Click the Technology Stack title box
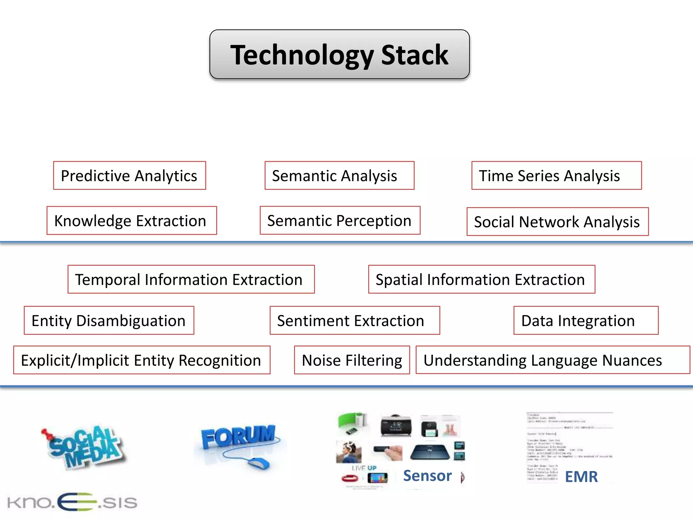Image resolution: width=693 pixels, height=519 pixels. (339, 54)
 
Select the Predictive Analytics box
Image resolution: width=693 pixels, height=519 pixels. (129, 175)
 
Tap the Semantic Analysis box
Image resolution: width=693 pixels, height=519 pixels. (339, 175)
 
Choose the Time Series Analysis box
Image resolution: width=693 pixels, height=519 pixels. (556, 175)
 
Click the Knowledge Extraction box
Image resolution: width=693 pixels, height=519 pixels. (132, 221)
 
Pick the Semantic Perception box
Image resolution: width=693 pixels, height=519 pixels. (340, 220)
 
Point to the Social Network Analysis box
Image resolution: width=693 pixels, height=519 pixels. (557, 222)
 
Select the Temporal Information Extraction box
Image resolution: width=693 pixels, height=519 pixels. (191, 279)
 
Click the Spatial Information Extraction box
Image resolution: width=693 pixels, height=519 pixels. (481, 279)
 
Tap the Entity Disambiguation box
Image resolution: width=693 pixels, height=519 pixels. (109, 320)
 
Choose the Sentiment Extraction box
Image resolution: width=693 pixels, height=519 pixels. (355, 320)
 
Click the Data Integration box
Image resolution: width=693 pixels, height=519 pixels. (585, 320)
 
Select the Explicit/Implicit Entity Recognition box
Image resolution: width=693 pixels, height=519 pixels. (141, 360)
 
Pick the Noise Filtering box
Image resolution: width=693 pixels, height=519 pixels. (352, 360)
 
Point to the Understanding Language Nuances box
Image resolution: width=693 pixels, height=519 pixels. (552, 360)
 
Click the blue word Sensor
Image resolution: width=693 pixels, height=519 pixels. (427, 476)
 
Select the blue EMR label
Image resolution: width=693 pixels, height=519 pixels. (581, 477)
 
